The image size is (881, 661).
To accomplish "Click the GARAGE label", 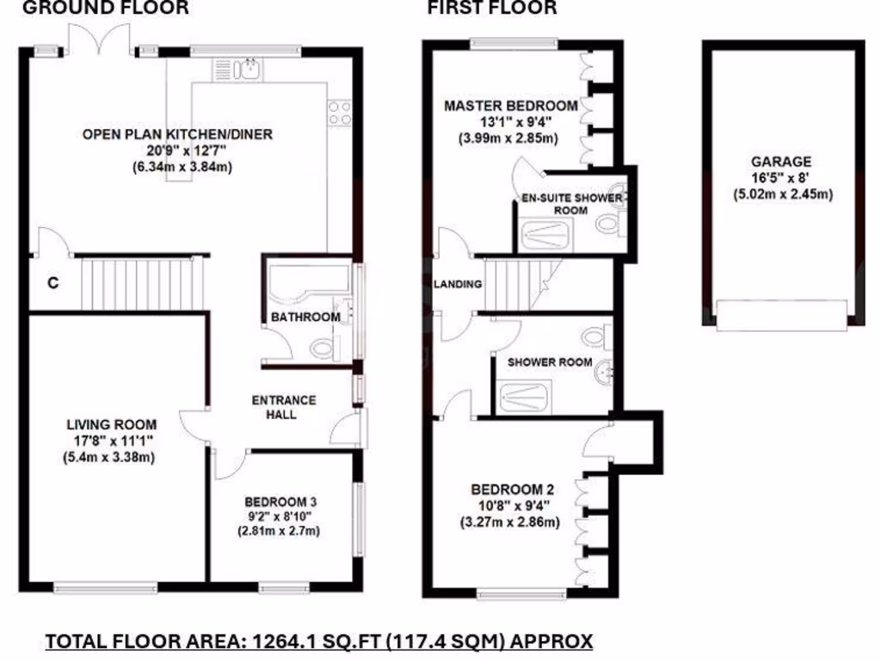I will (x=781, y=161).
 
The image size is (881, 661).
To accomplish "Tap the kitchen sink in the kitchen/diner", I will (x=249, y=67).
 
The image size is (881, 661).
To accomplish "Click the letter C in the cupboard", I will (x=52, y=282).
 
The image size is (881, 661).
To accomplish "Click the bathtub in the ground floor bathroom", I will (x=306, y=289).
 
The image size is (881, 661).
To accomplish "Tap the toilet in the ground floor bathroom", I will (x=322, y=349).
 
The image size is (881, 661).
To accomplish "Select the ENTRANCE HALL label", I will (x=283, y=407).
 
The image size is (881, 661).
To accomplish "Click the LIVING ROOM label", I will (x=112, y=423).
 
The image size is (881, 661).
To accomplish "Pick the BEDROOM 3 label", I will (x=280, y=501).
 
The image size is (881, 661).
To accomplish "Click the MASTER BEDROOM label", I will (x=510, y=106).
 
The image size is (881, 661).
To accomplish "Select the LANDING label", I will (x=457, y=284).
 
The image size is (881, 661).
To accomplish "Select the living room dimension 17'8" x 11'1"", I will (x=112, y=441).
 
